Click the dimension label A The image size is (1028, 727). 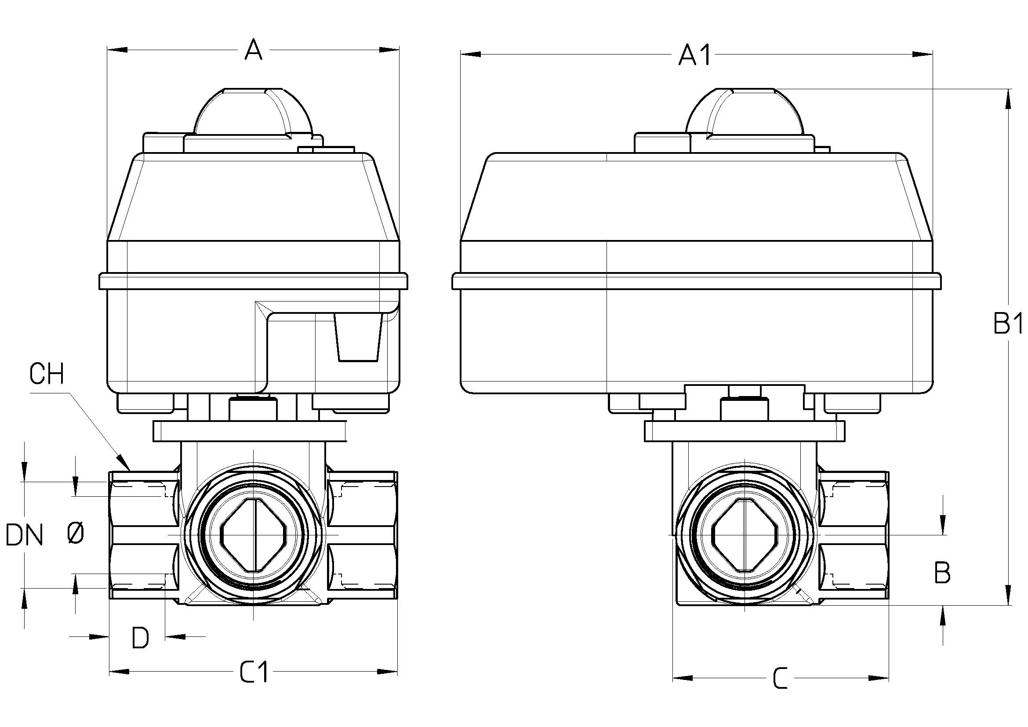point(254,50)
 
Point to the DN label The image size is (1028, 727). point(25,535)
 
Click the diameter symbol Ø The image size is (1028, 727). point(75,534)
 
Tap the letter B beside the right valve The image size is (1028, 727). point(942,572)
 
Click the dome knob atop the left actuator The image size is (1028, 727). point(253,112)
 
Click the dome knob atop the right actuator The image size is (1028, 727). point(745,112)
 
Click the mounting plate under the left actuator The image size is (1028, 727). point(250,431)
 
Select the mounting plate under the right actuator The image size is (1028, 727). point(745,431)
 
